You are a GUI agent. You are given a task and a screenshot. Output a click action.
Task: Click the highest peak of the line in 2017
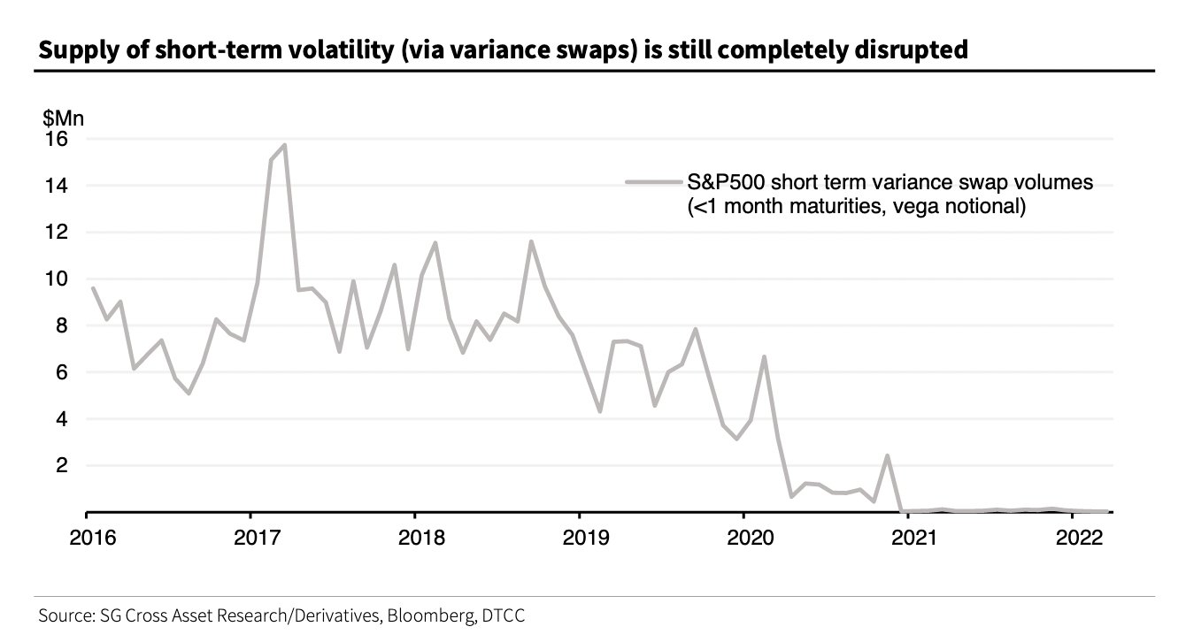point(284,145)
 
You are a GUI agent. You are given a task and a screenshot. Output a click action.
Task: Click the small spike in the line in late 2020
point(887,456)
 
